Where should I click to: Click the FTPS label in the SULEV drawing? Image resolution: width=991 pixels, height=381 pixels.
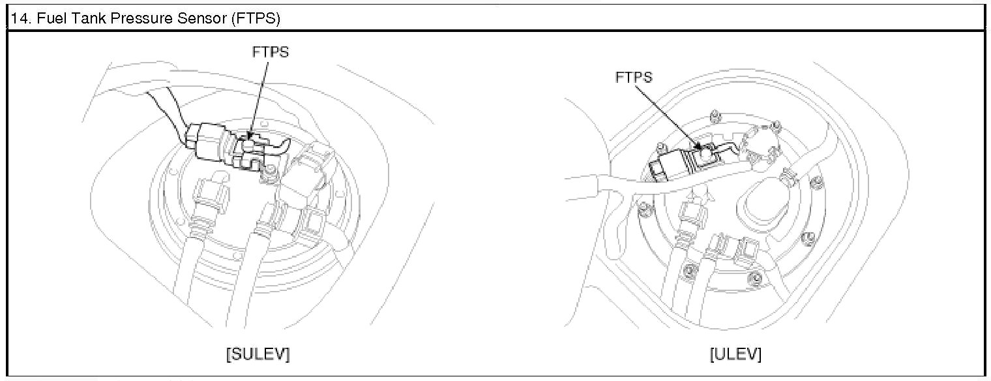[x=271, y=52]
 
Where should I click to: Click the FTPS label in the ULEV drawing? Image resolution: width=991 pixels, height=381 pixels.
[x=634, y=77]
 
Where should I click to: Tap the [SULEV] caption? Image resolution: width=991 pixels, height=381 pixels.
[x=258, y=354]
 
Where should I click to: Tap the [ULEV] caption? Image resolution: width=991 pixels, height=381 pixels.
[x=735, y=354]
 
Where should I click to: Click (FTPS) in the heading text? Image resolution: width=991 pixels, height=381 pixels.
[x=256, y=18]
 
